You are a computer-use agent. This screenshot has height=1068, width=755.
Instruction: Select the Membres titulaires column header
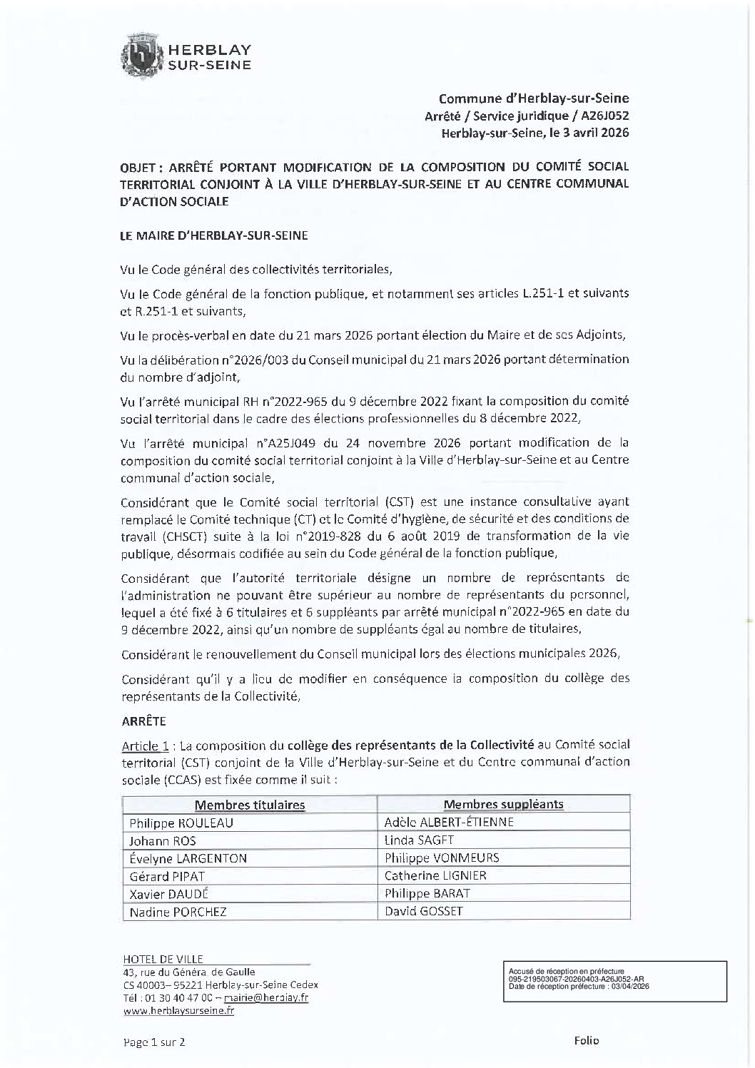click(250, 805)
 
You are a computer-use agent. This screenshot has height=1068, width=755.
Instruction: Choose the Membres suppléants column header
click(503, 805)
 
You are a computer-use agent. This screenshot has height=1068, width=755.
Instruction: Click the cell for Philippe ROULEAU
click(181, 823)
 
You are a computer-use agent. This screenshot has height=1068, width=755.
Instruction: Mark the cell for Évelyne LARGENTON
click(188, 858)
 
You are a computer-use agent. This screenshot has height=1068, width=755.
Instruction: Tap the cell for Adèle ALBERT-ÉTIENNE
click(449, 823)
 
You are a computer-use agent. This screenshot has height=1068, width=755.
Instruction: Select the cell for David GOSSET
click(424, 912)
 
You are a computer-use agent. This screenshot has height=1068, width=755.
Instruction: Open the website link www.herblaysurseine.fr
click(178, 1010)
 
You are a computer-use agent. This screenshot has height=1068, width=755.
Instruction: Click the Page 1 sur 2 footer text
click(154, 1042)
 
